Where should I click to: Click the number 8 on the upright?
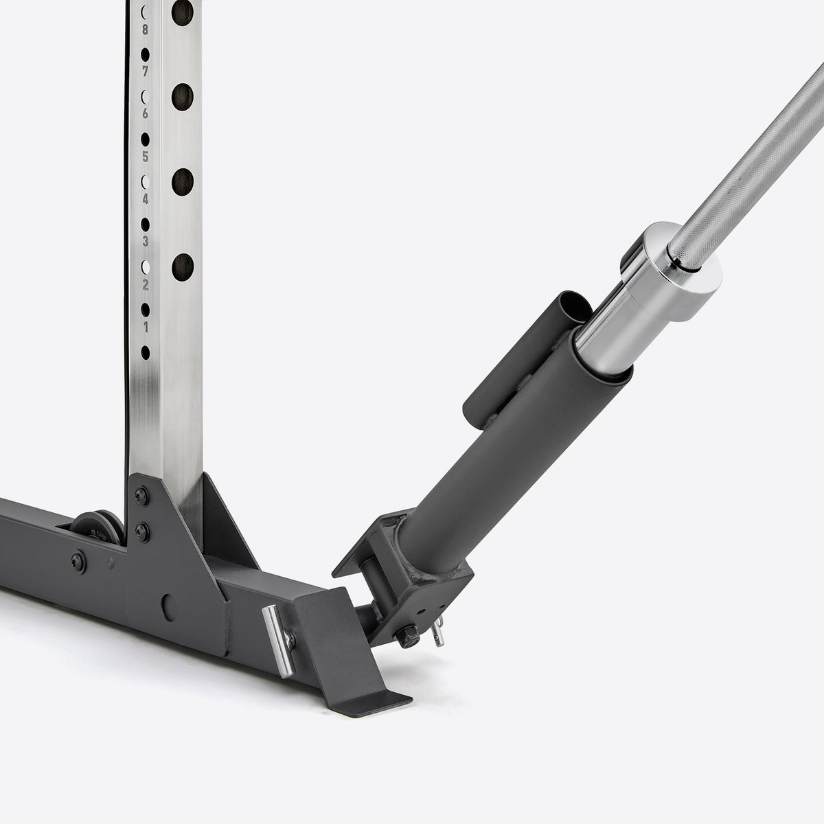[x=145, y=30]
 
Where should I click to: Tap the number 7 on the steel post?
[x=145, y=71]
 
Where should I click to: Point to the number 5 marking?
[x=145, y=157]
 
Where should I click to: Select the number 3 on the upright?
[x=146, y=242]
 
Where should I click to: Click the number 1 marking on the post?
[x=146, y=327]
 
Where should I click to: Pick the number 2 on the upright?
[x=146, y=284]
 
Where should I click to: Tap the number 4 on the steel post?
[x=146, y=199]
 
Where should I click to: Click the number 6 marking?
[x=145, y=114]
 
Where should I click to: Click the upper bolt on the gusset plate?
[x=141, y=496]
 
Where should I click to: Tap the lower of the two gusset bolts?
[x=142, y=532]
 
